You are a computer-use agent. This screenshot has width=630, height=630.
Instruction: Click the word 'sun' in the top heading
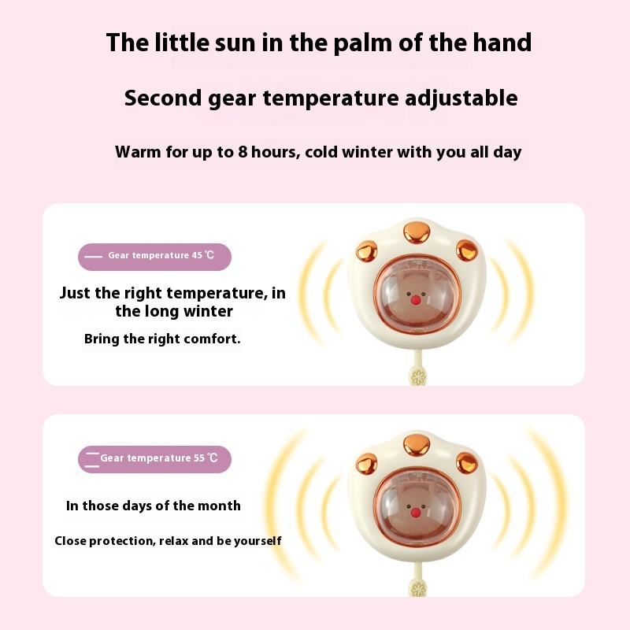[x=235, y=43]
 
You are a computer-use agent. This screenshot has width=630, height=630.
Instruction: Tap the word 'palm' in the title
[x=362, y=43]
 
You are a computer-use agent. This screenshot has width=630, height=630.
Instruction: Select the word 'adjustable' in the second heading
[x=461, y=98]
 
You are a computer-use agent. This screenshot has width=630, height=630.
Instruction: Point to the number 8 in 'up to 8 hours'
[x=243, y=152]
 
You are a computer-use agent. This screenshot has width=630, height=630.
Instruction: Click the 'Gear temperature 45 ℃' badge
[x=154, y=257]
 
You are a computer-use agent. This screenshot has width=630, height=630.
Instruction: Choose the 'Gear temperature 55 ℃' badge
[x=154, y=459]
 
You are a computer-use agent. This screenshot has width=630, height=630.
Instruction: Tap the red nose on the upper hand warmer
[x=416, y=300]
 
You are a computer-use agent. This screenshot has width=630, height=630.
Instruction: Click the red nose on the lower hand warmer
[x=416, y=513]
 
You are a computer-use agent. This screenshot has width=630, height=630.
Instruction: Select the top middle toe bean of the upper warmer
[x=417, y=232]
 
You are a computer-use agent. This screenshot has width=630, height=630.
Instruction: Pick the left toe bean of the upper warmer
[x=366, y=251]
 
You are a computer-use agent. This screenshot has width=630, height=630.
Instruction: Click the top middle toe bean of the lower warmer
[x=417, y=445]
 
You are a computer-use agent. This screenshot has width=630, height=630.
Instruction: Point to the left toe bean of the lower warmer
[x=366, y=463]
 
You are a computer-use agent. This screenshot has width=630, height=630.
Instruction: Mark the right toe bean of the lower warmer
[x=467, y=462]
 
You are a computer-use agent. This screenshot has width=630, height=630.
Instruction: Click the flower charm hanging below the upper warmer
[x=418, y=377]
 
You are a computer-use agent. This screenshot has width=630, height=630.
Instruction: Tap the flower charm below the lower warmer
[x=418, y=588]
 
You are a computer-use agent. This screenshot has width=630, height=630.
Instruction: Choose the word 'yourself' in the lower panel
[x=258, y=541]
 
